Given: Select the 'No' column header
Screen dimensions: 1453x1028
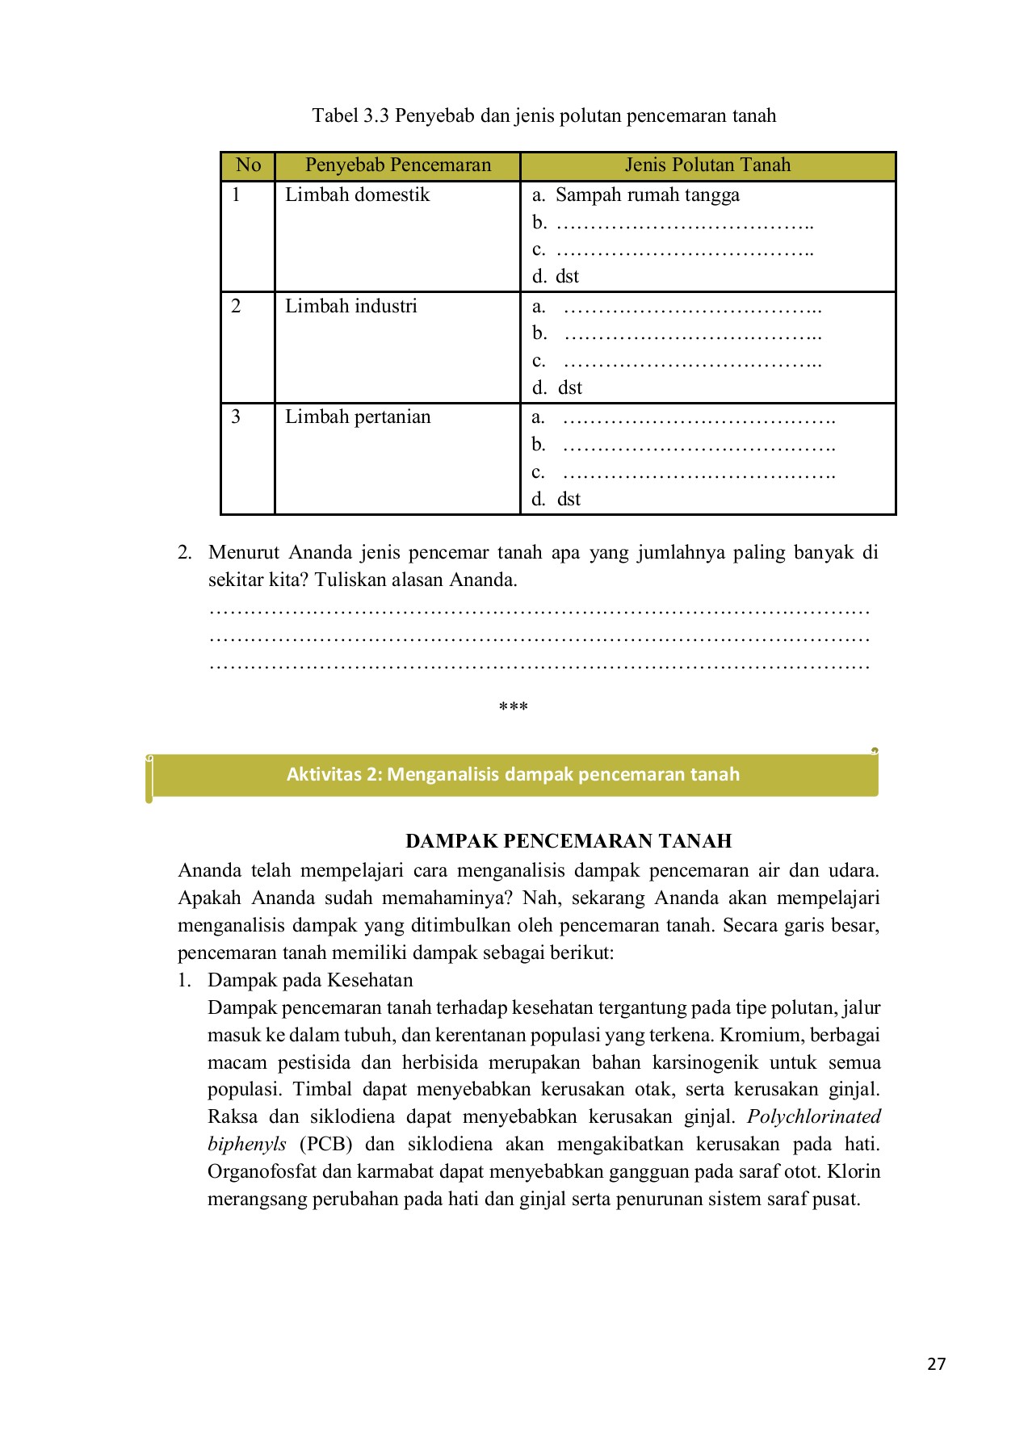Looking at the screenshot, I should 248,165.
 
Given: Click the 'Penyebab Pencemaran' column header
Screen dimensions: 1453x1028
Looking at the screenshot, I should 397,165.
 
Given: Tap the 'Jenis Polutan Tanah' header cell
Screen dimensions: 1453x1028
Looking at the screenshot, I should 707,165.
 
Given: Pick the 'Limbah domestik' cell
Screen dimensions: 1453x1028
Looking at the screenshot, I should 357,195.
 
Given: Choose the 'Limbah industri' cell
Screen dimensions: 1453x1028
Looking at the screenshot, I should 350,306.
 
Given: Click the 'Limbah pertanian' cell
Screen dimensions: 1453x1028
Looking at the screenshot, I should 358,417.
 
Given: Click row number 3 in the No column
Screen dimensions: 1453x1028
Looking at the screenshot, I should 236,417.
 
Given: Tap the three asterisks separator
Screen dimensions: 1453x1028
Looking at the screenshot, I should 513,707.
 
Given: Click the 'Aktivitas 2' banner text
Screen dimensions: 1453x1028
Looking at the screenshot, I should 513,774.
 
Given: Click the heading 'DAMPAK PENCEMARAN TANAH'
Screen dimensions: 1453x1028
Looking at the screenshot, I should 568,841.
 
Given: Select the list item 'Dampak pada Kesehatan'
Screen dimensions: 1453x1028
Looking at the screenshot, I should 310,980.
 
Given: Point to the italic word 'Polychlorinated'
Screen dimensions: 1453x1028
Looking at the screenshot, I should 813,1116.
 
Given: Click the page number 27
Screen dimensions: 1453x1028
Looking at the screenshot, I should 936,1364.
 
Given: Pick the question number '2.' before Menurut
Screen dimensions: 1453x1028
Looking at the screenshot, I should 185,552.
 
